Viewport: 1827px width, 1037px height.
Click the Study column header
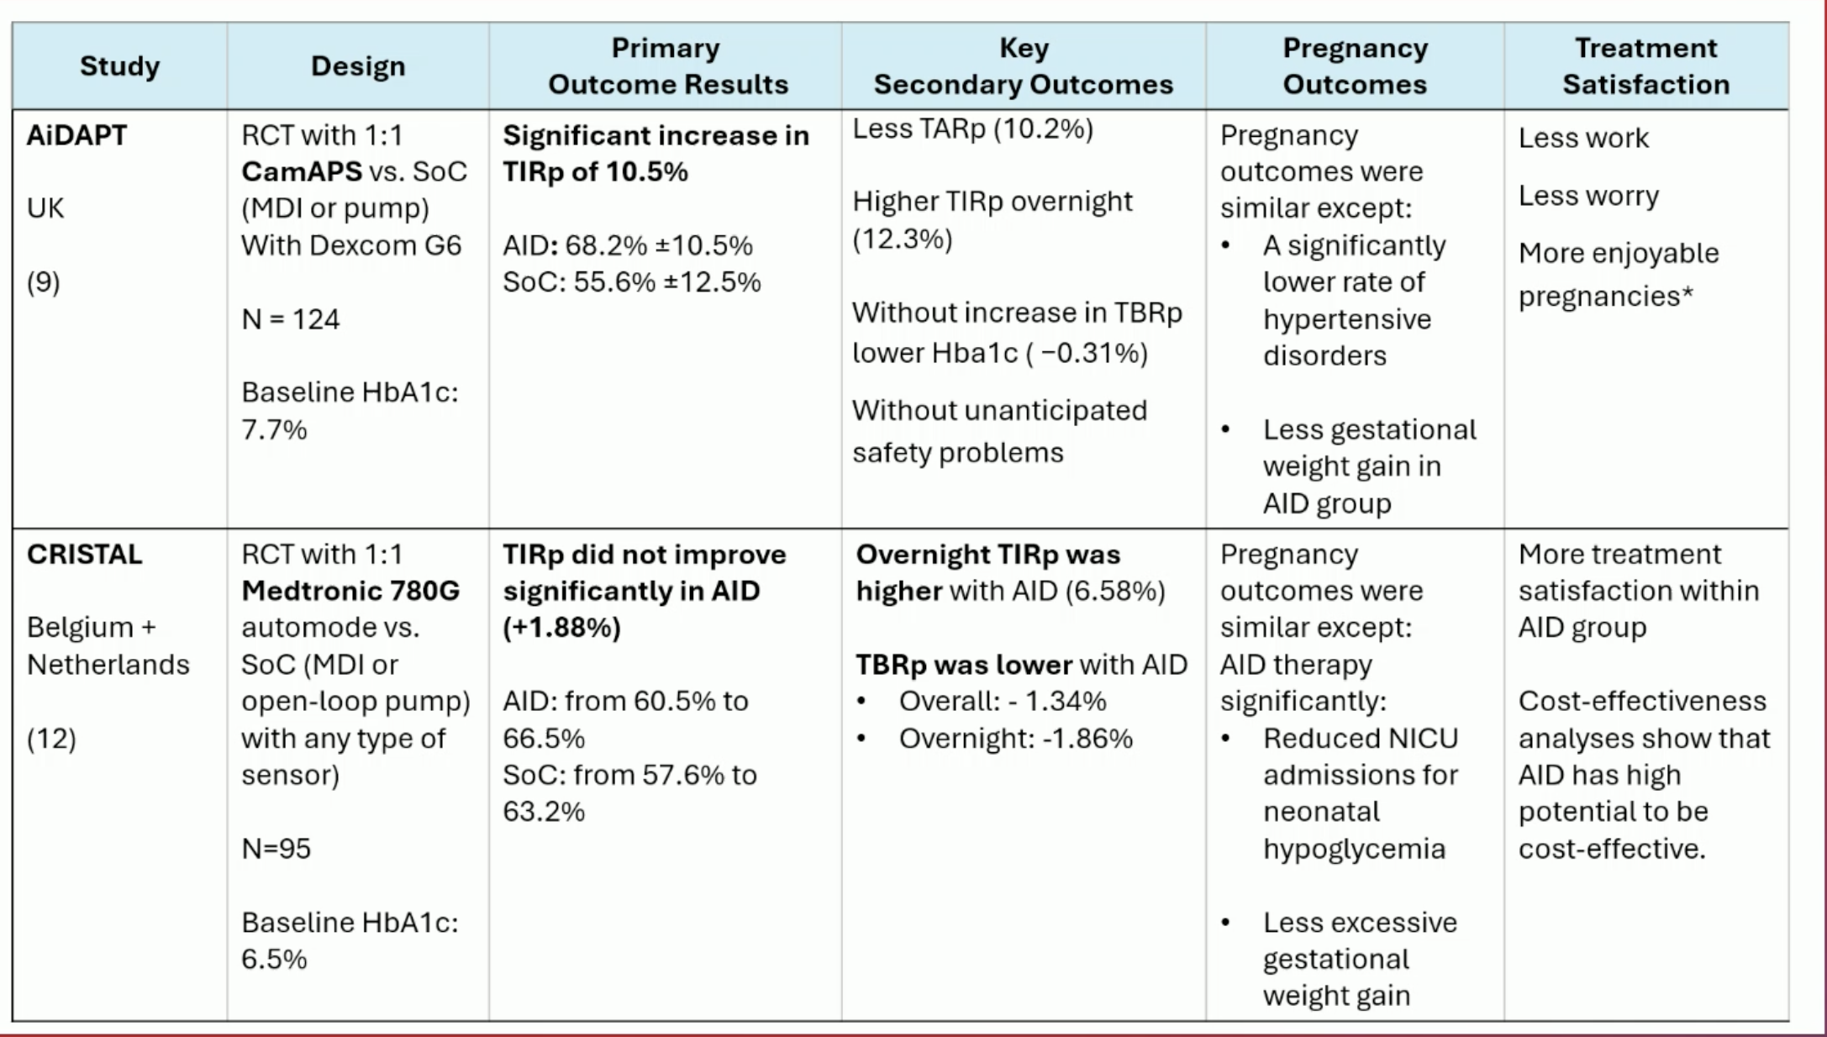119,66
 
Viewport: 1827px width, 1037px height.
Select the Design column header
358,66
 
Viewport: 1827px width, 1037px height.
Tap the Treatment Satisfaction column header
1645,66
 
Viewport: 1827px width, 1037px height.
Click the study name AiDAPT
76,135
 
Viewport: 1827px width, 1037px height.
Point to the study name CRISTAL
84,555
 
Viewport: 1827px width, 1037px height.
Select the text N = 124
290,319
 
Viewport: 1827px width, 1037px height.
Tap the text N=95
276,849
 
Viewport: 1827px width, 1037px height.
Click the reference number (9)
43,282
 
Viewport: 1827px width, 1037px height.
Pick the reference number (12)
51,739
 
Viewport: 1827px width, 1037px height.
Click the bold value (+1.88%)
561,628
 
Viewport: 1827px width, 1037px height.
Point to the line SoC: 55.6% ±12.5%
631,282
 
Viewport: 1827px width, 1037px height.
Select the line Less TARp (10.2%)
972,129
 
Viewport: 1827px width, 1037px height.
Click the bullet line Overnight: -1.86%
1015,739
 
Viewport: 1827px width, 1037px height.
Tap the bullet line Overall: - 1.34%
1002,701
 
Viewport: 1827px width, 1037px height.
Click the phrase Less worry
1588,196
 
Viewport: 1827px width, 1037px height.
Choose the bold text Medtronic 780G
350,592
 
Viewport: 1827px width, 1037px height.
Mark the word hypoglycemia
1354,849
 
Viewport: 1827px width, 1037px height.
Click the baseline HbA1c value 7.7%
274,430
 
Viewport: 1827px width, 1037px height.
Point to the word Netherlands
108,665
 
